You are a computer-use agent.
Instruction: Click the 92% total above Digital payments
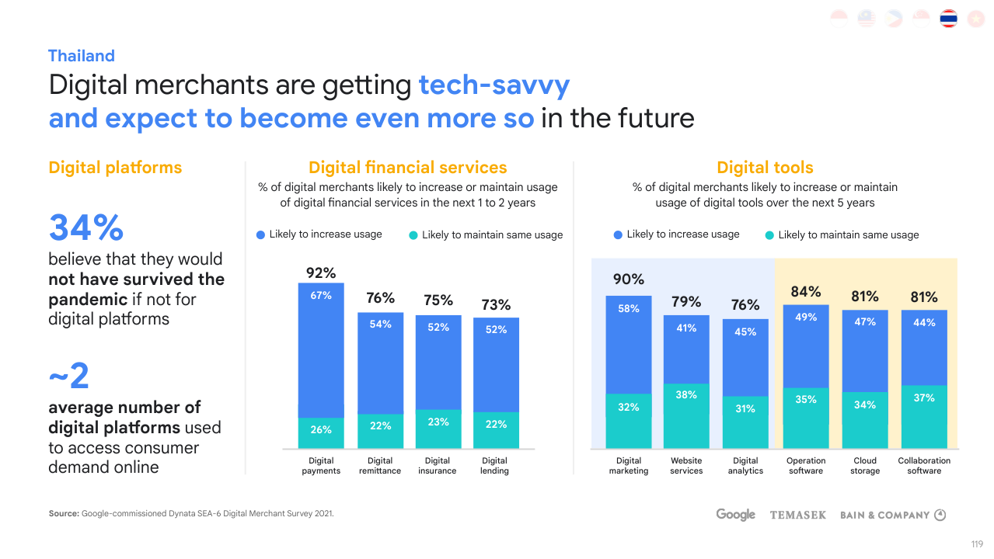320,273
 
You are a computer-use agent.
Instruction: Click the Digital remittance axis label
380,466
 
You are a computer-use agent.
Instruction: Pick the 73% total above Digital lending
496,305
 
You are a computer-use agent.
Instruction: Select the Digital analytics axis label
745,466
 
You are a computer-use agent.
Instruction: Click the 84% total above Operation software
806,292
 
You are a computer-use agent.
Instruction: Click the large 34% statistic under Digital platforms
86,228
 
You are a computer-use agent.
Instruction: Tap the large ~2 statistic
69,377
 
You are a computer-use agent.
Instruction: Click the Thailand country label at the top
82,56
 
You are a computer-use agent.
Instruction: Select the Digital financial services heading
407,168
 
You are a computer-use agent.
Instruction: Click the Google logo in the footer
735,515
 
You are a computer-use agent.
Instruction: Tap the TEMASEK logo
797,516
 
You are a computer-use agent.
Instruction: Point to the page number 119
977,543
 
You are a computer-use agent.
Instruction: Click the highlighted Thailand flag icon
948,19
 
